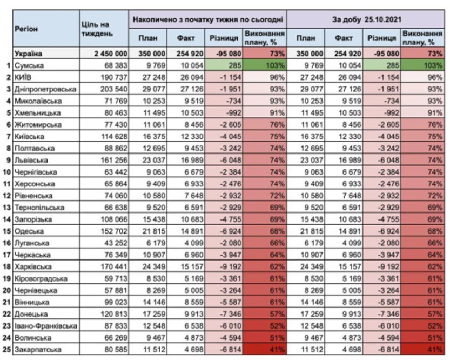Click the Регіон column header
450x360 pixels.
point(26,29)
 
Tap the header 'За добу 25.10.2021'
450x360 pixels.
point(366,19)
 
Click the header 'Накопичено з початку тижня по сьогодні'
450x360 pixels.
point(208,19)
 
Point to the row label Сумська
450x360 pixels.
point(29,66)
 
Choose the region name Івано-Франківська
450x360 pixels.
point(46,326)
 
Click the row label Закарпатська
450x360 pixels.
point(38,350)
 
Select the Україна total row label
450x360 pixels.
point(29,54)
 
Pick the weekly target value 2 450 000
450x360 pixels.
point(111,54)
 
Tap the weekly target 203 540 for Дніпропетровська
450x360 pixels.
point(113,89)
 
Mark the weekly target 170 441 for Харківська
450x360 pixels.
point(113,266)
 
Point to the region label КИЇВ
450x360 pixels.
point(23,77)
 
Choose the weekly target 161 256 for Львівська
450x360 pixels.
point(113,160)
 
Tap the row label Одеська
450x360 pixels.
point(29,231)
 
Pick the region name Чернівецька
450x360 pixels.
point(36,290)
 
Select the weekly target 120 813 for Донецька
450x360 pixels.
point(113,314)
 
